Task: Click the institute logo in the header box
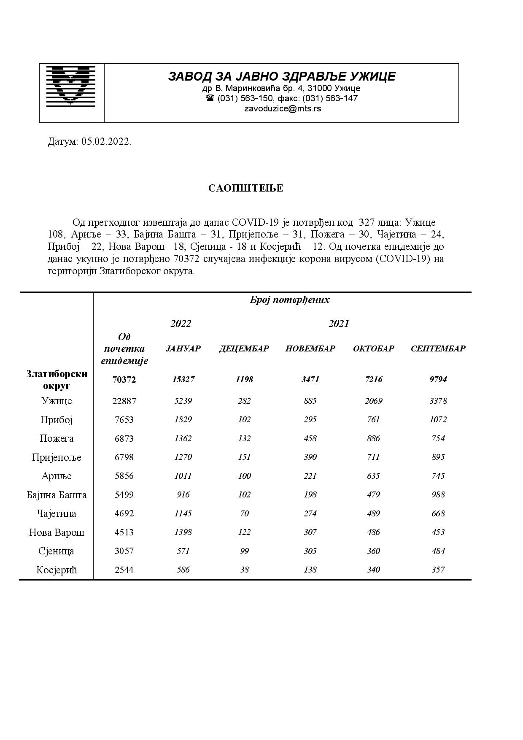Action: click(71, 85)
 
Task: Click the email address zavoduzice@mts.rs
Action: click(283, 108)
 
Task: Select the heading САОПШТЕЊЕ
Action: click(245, 188)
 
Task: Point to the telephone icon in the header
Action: click(210, 98)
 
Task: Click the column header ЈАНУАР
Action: click(183, 348)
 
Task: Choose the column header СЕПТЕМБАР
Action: click(438, 348)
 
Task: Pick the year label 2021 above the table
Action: click(339, 324)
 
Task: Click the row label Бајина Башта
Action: click(57, 495)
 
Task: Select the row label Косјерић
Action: click(57, 570)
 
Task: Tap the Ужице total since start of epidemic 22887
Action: click(124, 401)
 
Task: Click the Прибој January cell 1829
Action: click(183, 419)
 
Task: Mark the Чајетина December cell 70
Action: click(244, 513)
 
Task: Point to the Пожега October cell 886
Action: click(373, 438)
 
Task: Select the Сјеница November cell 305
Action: click(310, 551)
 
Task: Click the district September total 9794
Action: click(438, 379)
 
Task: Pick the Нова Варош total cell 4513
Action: click(124, 532)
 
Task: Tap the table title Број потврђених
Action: click(289, 300)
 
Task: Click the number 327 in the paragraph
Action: click(367, 222)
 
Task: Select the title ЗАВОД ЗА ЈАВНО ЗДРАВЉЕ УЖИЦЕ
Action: click(282, 76)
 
